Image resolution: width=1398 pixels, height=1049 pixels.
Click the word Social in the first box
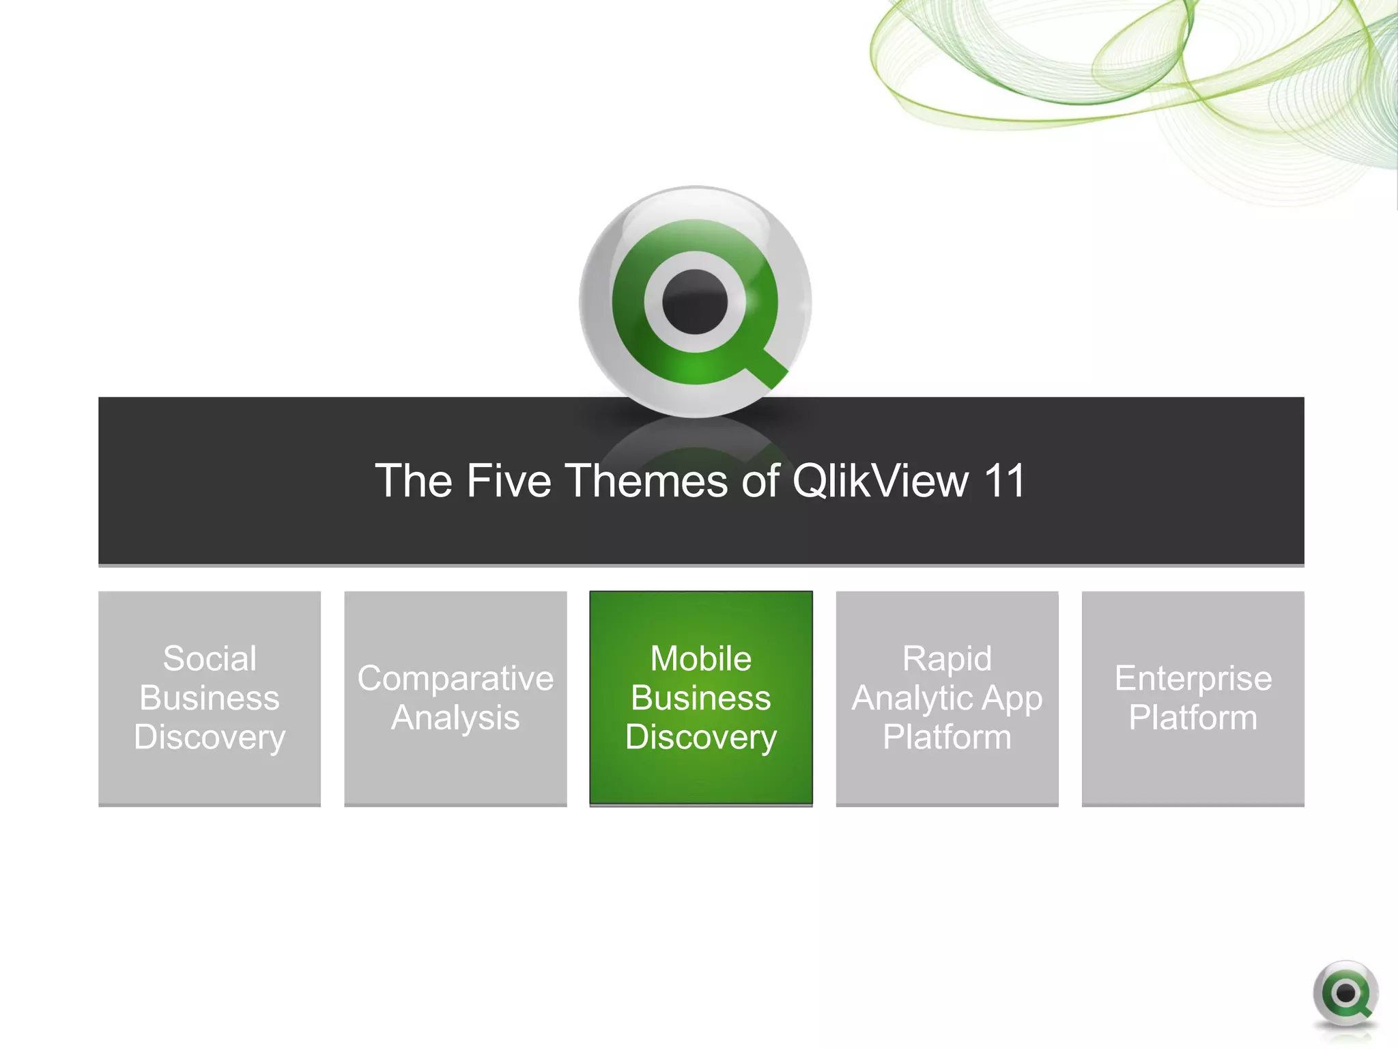pos(210,659)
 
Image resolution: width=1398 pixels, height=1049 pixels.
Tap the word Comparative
pos(455,679)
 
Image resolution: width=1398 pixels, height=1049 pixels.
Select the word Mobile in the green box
pos(701,659)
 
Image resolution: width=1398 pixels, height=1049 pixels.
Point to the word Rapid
pos(947,659)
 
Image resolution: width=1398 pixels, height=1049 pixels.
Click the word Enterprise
pos(1193,679)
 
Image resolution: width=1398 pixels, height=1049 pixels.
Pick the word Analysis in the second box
pos(455,718)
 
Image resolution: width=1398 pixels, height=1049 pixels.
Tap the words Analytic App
pos(947,699)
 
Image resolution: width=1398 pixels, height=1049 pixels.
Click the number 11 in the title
pos(1004,481)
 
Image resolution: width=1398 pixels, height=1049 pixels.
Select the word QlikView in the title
pos(880,481)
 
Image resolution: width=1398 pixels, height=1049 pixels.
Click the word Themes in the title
pos(648,481)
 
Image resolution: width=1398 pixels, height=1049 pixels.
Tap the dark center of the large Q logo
pos(695,302)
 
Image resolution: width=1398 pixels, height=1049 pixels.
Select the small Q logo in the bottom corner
pos(1345,994)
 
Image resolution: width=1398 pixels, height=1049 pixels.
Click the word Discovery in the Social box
pos(210,738)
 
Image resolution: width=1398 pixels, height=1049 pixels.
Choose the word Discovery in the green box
pos(701,738)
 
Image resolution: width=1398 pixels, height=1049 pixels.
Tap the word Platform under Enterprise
pos(1193,718)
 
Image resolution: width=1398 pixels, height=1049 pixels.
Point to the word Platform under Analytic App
pos(947,738)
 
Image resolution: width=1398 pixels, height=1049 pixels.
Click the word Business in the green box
pos(701,699)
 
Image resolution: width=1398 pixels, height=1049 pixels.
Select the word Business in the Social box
pos(210,699)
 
